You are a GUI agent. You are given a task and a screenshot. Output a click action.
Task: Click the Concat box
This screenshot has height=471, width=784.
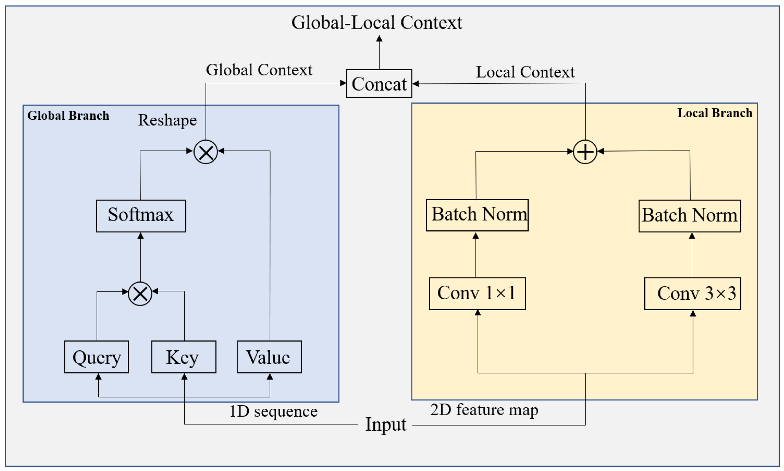tap(379, 84)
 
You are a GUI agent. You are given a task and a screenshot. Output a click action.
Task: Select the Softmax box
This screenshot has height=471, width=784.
tap(141, 216)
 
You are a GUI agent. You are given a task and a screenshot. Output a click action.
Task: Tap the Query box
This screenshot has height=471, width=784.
tap(97, 357)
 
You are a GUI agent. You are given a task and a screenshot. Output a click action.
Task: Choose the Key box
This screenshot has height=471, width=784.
tap(184, 357)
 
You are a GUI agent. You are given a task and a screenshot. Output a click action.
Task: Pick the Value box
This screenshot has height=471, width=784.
tap(269, 357)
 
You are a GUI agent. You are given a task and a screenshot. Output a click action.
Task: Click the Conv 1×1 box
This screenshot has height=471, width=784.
tap(477, 294)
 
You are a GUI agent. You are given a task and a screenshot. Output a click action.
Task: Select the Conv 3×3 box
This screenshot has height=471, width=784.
tap(692, 294)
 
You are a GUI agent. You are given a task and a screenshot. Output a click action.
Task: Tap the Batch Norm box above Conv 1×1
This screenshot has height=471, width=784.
tap(477, 215)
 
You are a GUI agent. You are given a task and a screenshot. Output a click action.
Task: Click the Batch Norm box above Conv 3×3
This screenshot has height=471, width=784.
tap(690, 216)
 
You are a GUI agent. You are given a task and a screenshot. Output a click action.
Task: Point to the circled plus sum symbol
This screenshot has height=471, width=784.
tap(585, 152)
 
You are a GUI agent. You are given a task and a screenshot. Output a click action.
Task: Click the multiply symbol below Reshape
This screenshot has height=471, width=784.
tap(206, 152)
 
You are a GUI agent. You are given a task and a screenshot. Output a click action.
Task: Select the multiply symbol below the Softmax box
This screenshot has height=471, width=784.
tap(140, 294)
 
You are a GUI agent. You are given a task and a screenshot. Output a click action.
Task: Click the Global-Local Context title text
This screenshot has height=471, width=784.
tap(377, 22)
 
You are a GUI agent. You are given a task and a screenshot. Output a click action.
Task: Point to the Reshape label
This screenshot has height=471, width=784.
tap(167, 120)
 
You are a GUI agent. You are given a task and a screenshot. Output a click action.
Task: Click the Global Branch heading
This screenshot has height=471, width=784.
tap(68, 115)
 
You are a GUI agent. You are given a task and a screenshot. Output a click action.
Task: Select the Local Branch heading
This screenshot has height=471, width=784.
tap(714, 113)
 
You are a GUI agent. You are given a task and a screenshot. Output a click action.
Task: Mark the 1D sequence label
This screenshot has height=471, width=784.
tap(273, 411)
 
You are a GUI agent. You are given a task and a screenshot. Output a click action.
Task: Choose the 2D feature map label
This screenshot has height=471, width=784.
tap(484, 409)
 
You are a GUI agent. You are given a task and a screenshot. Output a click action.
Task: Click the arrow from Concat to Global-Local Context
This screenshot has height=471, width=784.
tap(379, 52)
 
